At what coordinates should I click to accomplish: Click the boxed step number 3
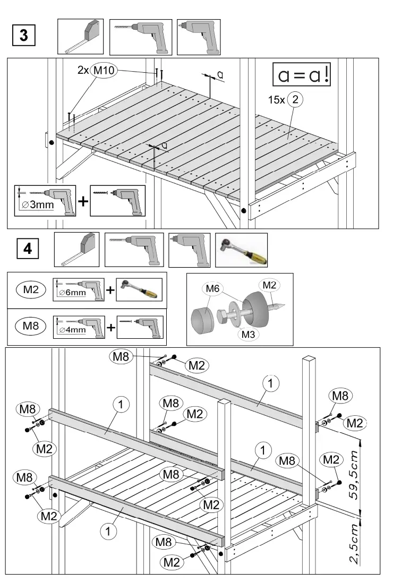pos(24,36)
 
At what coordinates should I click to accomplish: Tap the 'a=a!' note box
pos(301,75)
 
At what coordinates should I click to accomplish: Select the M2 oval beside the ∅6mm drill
pos(31,289)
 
